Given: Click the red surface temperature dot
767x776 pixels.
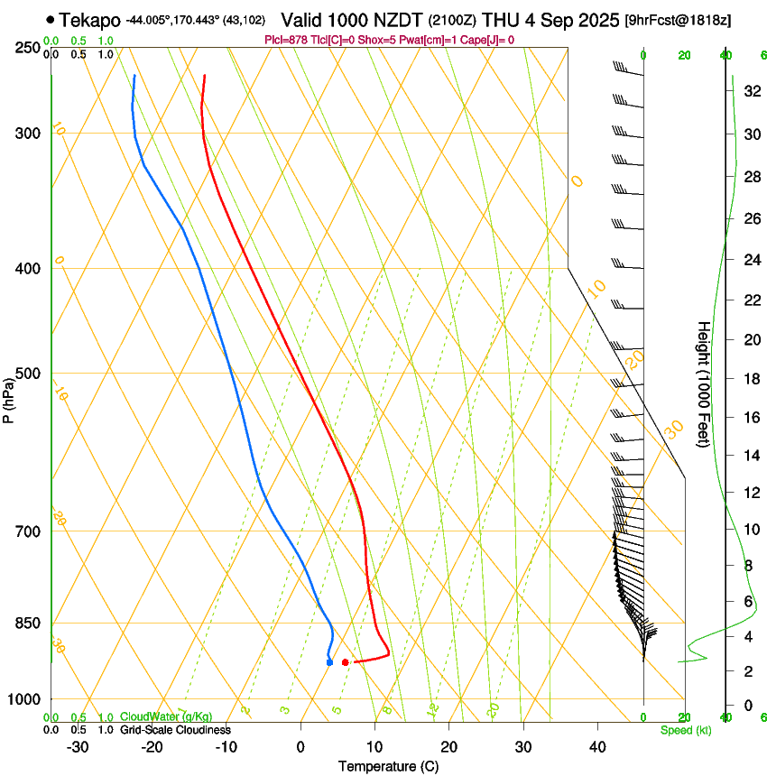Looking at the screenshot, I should [346, 662].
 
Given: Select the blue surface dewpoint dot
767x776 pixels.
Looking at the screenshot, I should [329, 662].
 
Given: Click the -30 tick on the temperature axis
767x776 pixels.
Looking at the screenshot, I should [78, 747].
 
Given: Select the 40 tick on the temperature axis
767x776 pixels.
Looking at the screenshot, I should [597, 747].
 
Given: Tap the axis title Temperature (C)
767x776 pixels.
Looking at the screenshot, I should [388, 766].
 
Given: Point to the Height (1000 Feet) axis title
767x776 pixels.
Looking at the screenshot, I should [704, 383].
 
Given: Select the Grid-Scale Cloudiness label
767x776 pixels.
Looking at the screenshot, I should [175, 730].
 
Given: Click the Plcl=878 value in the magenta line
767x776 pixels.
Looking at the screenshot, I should [287, 40].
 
